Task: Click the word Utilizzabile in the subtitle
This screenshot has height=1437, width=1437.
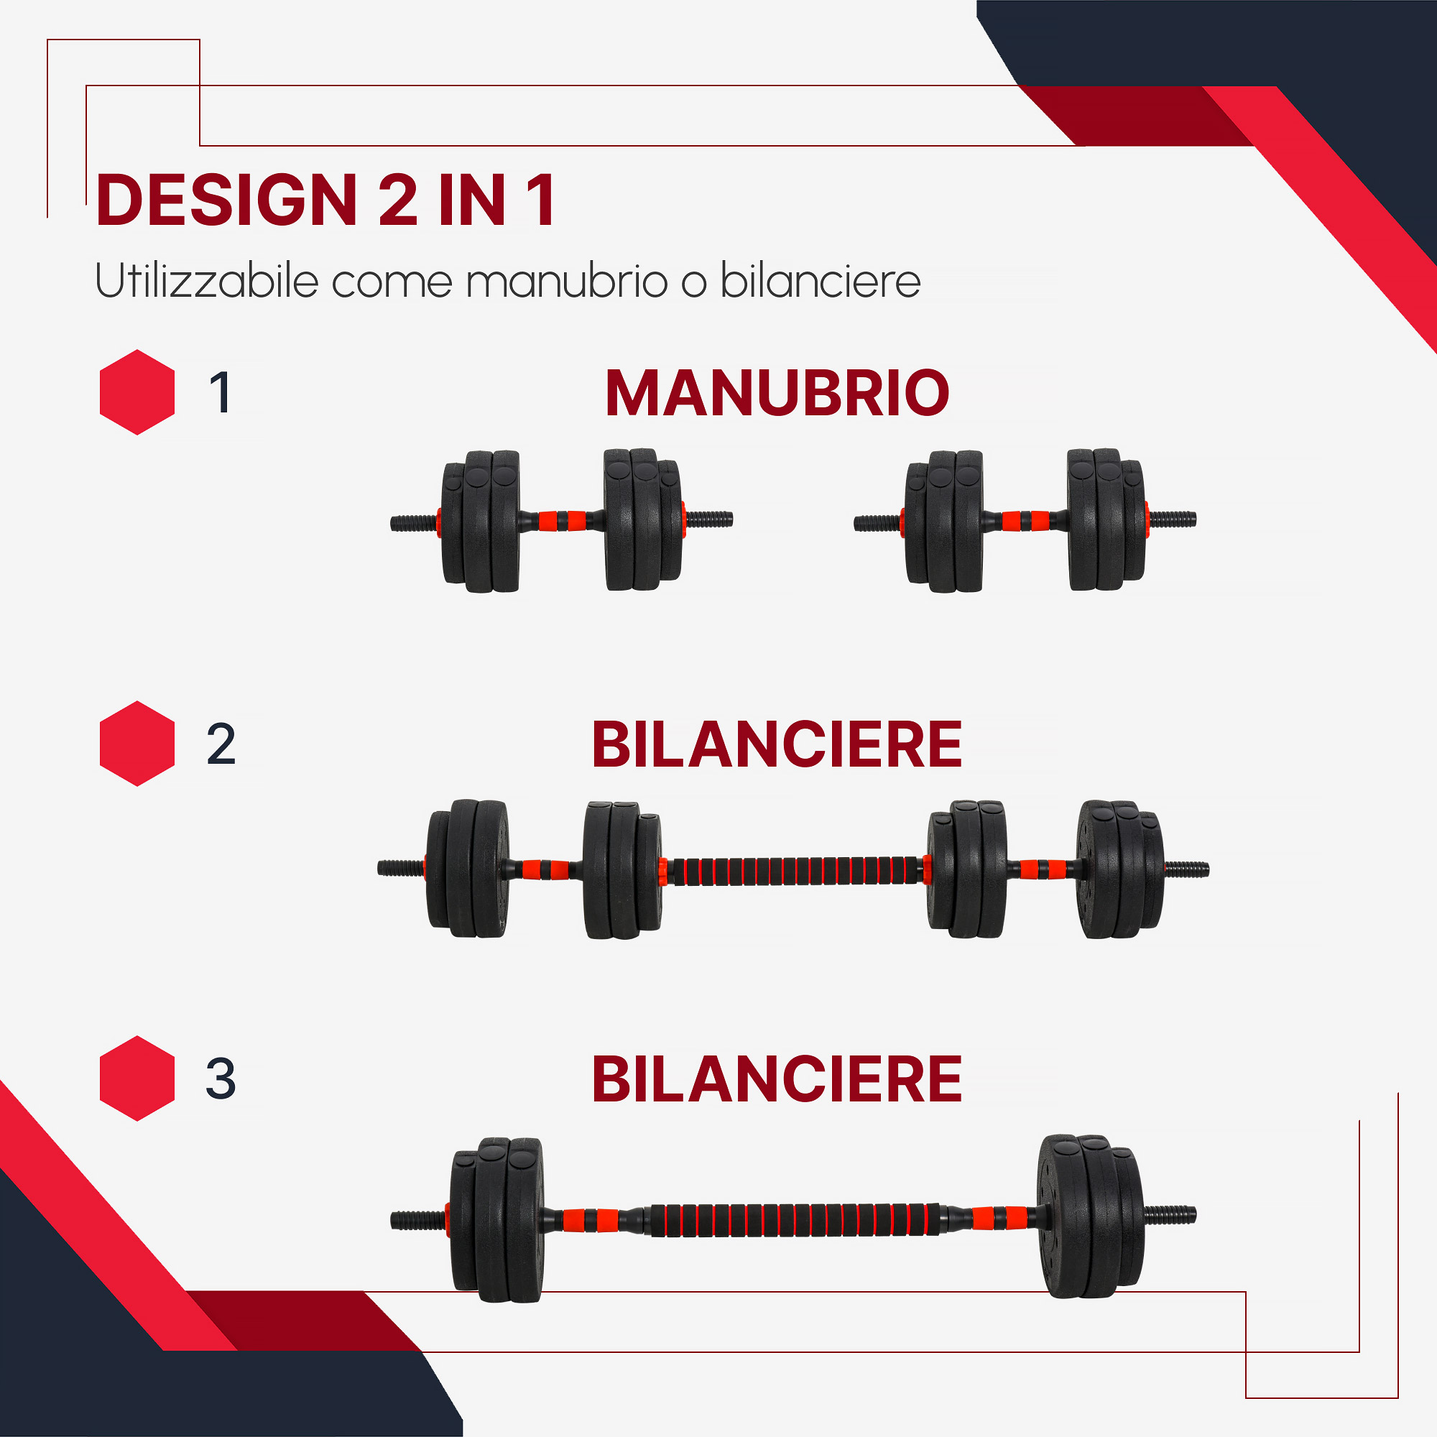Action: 207,280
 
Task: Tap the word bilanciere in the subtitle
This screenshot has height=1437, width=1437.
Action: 821,280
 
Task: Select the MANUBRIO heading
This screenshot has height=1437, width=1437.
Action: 777,393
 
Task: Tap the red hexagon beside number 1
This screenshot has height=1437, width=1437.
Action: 137,392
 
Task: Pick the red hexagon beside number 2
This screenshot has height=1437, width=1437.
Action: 137,743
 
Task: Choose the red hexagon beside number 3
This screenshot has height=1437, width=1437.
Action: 137,1078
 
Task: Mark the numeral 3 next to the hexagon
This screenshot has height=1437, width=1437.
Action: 221,1078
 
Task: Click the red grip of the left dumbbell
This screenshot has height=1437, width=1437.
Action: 562,520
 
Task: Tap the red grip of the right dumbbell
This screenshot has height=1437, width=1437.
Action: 1025,520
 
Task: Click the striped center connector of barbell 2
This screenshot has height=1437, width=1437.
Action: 795,870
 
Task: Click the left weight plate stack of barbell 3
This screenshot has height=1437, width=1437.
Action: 497,1219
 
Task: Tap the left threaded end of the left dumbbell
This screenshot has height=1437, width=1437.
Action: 414,523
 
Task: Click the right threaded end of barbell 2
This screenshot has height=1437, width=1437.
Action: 1186,869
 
